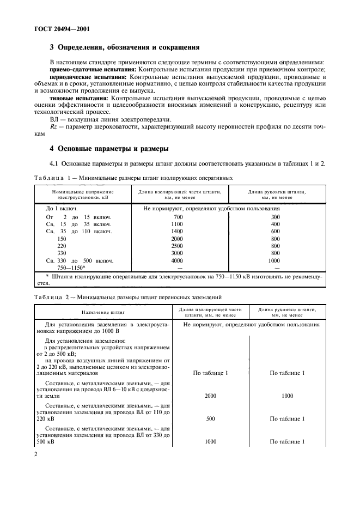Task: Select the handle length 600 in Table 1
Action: (275, 231)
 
